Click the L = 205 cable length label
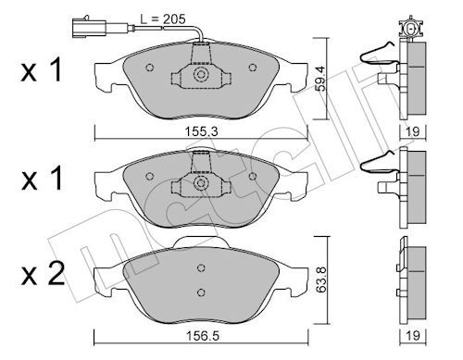[x=163, y=19]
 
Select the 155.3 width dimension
[x=201, y=131]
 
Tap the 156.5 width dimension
[x=203, y=336]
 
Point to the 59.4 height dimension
[x=320, y=80]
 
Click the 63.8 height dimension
[x=321, y=280]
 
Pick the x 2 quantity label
[x=43, y=274]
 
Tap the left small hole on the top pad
[x=150, y=68]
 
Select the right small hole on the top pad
[x=253, y=68]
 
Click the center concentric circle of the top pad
[x=201, y=74]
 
